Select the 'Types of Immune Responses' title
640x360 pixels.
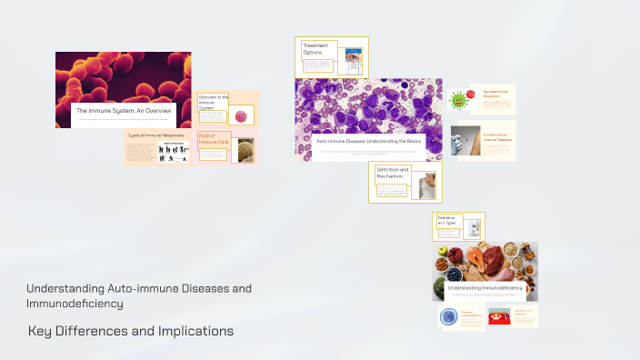[149, 135]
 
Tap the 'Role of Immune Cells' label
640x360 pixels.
[212, 139]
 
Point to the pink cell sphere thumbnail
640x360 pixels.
[242, 115]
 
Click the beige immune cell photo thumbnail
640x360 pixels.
[245, 150]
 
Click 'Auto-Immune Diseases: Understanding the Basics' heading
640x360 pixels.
[368, 142]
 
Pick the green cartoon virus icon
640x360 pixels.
[459, 98]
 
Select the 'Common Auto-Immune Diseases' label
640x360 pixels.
[499, 137]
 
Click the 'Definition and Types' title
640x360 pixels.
[446, 220]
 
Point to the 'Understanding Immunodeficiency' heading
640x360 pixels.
[485, 287]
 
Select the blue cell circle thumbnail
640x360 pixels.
[448, 316]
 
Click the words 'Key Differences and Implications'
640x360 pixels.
[131, 331]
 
